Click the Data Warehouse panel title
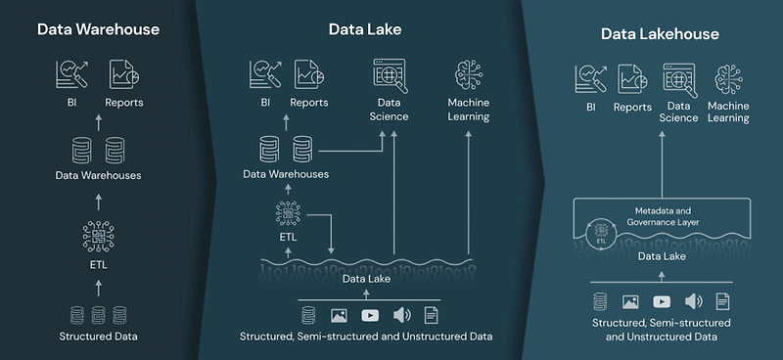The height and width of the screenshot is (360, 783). tap(98, 29)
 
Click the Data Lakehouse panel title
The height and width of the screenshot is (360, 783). tap(659, 34)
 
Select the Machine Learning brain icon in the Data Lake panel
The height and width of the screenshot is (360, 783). tap(469, 75)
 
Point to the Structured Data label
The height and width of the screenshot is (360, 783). tap(98, 337)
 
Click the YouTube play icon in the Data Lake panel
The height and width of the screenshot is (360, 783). tap(370, 315)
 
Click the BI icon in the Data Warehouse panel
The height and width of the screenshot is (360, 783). tap(71, 74)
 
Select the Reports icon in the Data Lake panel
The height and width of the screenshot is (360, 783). tap(308, 74)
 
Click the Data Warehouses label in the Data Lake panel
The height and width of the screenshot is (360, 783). tap(286, 174)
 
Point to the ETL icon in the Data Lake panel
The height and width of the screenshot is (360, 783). tap(287, 214)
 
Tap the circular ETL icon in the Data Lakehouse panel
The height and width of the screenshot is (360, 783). tap(600, 233)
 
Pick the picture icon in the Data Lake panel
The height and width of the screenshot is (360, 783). tap(340, 315)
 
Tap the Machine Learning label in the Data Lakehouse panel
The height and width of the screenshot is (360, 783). tap(728, 112)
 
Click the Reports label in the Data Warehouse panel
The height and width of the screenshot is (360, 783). tap(124, 102)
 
